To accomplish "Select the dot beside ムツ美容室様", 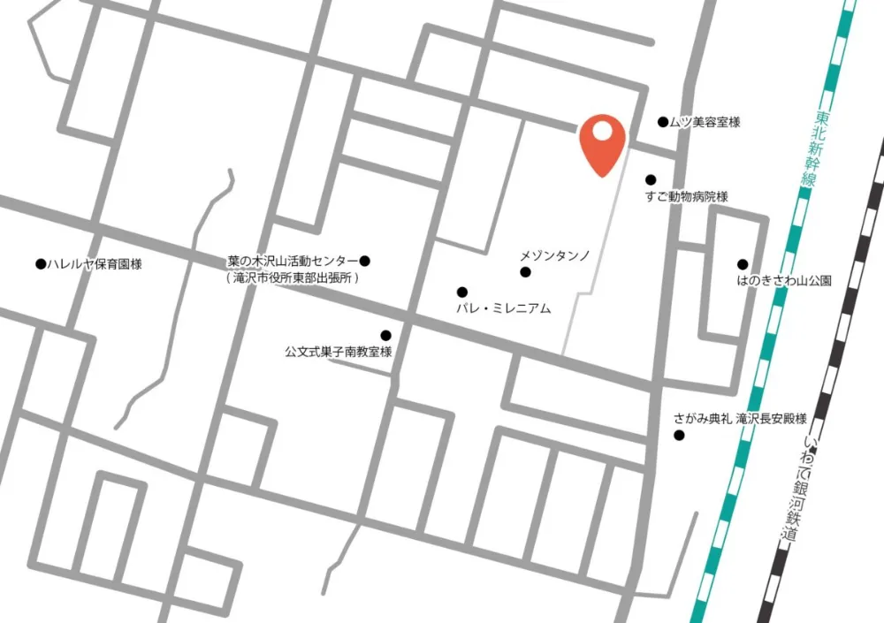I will [x=663, y=122].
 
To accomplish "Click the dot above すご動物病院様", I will [x=651, y=179].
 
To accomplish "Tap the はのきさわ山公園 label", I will [x=784, y=281].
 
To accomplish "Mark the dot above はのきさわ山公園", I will [x=743, y=263].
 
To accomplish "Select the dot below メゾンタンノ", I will [x=525, y=272].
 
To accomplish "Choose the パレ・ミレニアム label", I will [x=503, y=308].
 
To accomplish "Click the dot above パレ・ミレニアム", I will [x=461, y=292].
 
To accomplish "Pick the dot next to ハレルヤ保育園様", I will [x=40, y=263].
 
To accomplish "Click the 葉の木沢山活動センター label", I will [x=293, y=261].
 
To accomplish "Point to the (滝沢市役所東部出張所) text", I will [x=293, y=277].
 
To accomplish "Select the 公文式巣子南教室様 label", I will [x=339, y=352].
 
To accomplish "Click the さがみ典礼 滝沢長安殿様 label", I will [x=740, y=419].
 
